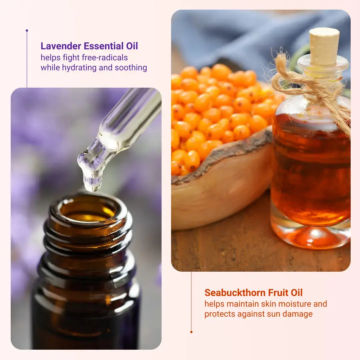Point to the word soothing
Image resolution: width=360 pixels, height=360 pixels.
point(131,68)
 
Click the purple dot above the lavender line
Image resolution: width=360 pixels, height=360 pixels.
point(27,31)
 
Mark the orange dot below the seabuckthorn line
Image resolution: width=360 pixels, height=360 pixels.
point(191,332)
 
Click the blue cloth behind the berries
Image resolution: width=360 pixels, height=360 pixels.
point(233,33)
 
